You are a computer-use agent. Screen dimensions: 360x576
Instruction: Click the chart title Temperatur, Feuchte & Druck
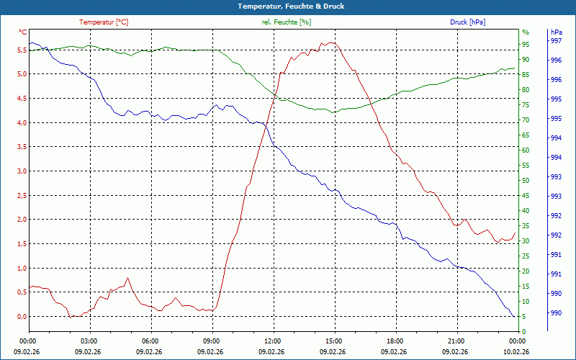click(288, 6)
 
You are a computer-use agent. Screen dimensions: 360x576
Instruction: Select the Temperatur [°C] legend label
click(104, 22)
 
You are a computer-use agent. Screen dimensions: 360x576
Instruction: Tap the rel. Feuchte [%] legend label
click(287, 22)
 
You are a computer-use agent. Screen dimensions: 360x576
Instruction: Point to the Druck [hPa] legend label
click(467, 22)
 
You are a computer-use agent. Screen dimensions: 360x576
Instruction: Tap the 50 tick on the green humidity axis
click(526, 181)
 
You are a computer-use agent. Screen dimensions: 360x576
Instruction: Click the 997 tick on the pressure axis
click(556, 41)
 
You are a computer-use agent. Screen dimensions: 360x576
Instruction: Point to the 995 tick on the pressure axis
click(556, 119)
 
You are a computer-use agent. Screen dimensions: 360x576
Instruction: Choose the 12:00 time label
click(273, 341)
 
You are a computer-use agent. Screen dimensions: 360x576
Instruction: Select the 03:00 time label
click(89, 341)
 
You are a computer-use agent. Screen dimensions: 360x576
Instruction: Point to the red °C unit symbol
click(23, 32)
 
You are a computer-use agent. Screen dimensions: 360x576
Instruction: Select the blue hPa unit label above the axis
click(556, 32)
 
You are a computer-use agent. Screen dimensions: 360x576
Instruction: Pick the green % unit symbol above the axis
click(526, 32)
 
